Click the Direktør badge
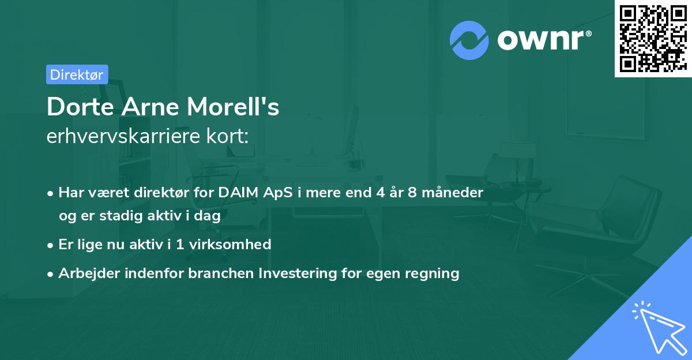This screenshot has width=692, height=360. click(77, 74)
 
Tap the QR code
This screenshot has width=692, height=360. click(653, 39)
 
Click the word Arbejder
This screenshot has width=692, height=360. click(85, 273)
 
